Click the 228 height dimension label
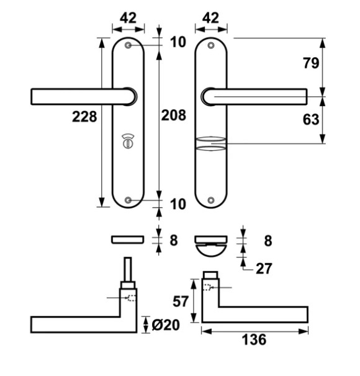click(x=84, y=117)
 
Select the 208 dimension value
click(x=174, y=115)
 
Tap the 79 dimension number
click(x=311, y=63)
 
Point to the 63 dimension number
click(x=311, y=119)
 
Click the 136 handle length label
click(x=254, y=339)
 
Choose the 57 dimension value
click(x=181, y=302)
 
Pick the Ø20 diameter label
click(x=166, y=325)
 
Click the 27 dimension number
click(x=264, y=268)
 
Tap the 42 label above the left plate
click(x=128, y=18)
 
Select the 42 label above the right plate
click(x=211, y=18)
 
